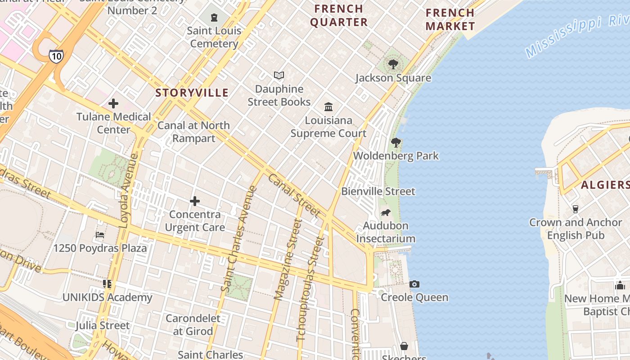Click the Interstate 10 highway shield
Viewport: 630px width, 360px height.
56,56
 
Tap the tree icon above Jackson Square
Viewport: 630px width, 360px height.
393,64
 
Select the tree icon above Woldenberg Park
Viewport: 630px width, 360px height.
396,143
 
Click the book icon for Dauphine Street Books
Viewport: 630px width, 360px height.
279,76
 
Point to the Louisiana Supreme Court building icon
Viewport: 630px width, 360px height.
328,107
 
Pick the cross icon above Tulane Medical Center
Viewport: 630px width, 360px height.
113,103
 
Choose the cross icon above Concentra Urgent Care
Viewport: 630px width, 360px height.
195,201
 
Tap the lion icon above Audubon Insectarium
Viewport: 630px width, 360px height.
385,212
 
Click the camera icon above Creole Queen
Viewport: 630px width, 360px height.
414,284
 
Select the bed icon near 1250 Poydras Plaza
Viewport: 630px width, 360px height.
100,235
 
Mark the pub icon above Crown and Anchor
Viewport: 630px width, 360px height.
575,209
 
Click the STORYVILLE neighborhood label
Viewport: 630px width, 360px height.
192,93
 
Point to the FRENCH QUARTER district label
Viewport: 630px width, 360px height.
339,15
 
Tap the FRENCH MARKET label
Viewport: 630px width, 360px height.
450,19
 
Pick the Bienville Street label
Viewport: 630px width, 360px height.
378,191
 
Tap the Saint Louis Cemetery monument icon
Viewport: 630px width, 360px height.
214,18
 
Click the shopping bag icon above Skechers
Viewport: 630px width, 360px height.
404,346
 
